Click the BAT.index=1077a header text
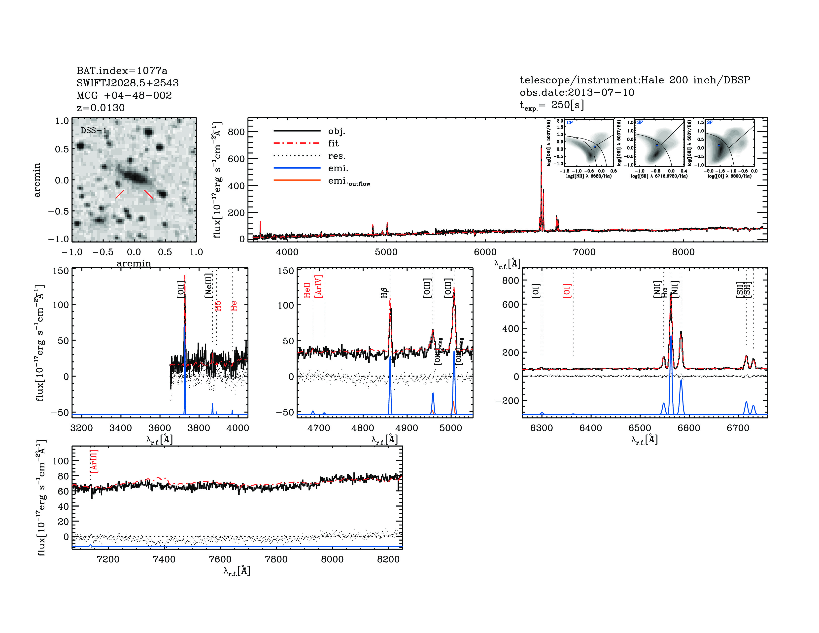[122, 70]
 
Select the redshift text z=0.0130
[101, 108]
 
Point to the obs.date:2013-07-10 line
[577, 92]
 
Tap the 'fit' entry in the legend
[333, 143]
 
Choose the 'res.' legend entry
[336, 156]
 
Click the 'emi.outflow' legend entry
[349, 181]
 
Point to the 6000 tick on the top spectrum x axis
[485, 252]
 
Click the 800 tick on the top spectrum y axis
[236, 132]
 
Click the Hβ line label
[384, 292]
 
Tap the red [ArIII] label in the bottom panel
[94, 461]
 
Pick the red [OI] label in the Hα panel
[567, 291]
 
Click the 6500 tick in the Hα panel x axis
[640, 428]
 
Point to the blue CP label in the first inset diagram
[570, 123]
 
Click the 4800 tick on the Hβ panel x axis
[363, 428]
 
